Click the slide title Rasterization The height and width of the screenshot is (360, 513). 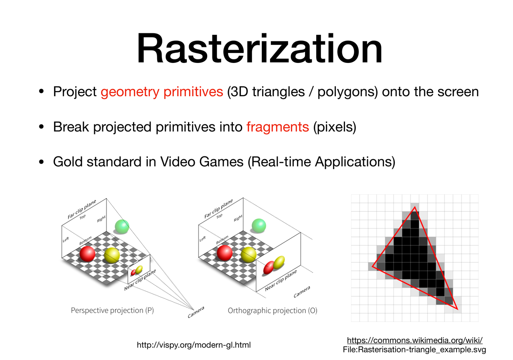[x=259, y=49]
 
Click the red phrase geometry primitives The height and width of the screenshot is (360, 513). [x=162, y=92]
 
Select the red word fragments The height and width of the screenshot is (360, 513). [x=278, y=127]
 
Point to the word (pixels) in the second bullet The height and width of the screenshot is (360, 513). [x=335, y=127]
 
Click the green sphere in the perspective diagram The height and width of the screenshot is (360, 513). [x=122, y=226]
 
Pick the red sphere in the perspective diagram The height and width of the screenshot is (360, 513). [x=87, y=254]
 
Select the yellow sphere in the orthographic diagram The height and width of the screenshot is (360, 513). [x=249, y=255]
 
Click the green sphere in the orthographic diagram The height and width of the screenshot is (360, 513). [x=259, y=226]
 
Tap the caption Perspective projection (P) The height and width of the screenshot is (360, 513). [x=112, y=311]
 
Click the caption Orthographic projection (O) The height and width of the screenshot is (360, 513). [x=273, y=311]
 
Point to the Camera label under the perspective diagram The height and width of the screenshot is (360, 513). [x=196, y=312]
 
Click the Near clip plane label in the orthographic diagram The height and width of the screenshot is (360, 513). [x=281, y=280]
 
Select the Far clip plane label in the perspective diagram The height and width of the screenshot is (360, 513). [x=82, y=209]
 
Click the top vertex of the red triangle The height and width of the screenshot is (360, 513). [x=415, y=207]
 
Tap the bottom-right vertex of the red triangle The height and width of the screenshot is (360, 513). [x=457, y=309]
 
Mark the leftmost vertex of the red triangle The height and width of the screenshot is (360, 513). [x=373, y=266]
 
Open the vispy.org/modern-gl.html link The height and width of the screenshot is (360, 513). [x=194, y=345]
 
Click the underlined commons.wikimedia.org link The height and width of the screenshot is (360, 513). [x=415, y=340]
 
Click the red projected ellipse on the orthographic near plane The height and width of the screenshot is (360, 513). [x=269, y=267]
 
